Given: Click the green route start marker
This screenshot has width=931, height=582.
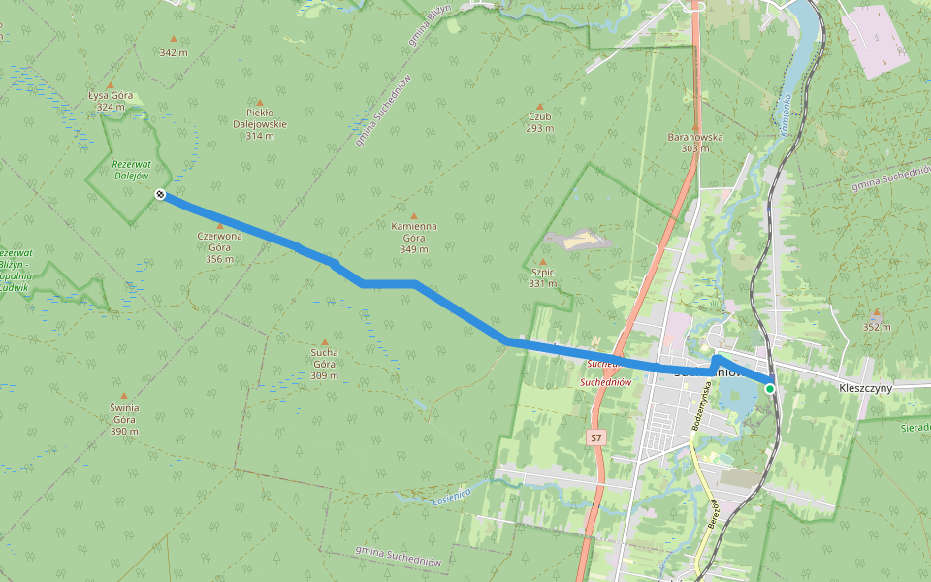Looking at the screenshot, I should coord(770,388).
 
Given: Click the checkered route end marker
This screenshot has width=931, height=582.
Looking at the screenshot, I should coord(160,194).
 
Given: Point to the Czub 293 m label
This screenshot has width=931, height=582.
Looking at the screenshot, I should coord(540,122).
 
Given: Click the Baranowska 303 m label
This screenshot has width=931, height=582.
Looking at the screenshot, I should coord(695,142).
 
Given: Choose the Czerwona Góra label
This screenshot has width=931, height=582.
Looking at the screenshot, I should coord(219,246).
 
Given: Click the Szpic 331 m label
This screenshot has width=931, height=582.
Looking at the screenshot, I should coord(542,277).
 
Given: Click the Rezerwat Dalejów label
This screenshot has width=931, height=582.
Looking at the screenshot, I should coord(130,171).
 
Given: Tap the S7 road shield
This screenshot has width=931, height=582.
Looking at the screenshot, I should coord(595,438).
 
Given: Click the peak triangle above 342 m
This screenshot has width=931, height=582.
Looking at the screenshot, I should coord(173,39).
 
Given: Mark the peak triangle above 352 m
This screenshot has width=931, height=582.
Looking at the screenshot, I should coord(877,313).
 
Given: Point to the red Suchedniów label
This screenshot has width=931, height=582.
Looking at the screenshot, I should coord(605,382).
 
